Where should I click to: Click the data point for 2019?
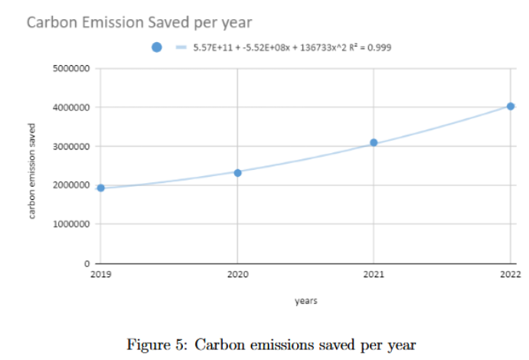click(x=100, y=188)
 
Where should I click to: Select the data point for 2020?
click(x=237, y=173)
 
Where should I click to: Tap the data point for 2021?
click(x=374, y=142)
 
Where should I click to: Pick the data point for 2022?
click(x=511, y=106)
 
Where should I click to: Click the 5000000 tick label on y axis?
click(x=71, y=69)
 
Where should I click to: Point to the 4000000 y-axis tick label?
click(x=71, y=107)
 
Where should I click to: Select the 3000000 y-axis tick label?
click(x=71, y=146)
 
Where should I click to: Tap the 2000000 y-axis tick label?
click(x=71, y=185)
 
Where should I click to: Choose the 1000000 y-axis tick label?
click(x=71, y=224)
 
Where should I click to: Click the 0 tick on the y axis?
click(x=88, y=263)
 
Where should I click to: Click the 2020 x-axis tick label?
click(x=237, y=273)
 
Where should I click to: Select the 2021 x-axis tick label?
click(x=374, y=273)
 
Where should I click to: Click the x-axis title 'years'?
click(x=305, y=301)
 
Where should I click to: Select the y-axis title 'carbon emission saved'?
click(x=33, y=170)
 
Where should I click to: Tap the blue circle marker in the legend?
click(x=157, y=47)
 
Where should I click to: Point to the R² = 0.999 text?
click(x=371, y=47)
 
